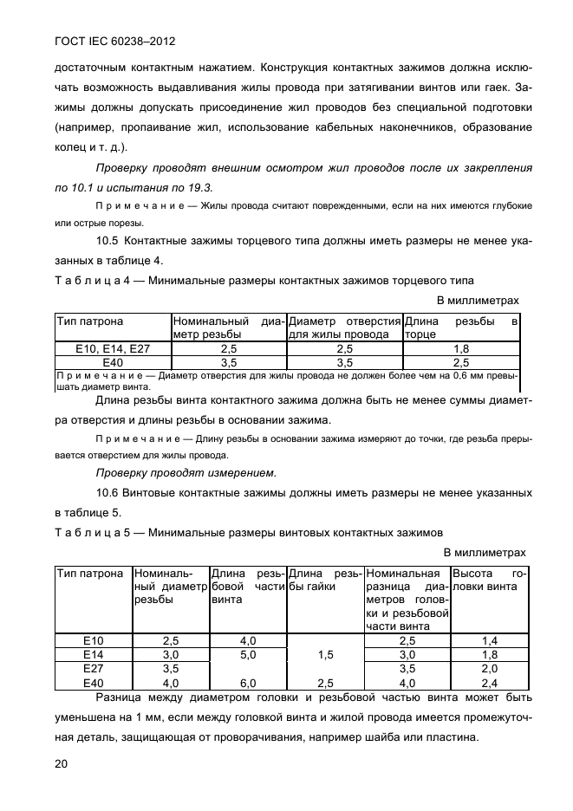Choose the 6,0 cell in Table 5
(248, 683)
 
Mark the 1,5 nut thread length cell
(325, 655)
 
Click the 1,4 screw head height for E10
(489, 641)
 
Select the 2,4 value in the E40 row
(489, 683)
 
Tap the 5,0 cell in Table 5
(248, 655)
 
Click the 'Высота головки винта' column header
(489, 581)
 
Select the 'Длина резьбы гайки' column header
(325, 581)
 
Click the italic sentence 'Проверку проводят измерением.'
(186, 473)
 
